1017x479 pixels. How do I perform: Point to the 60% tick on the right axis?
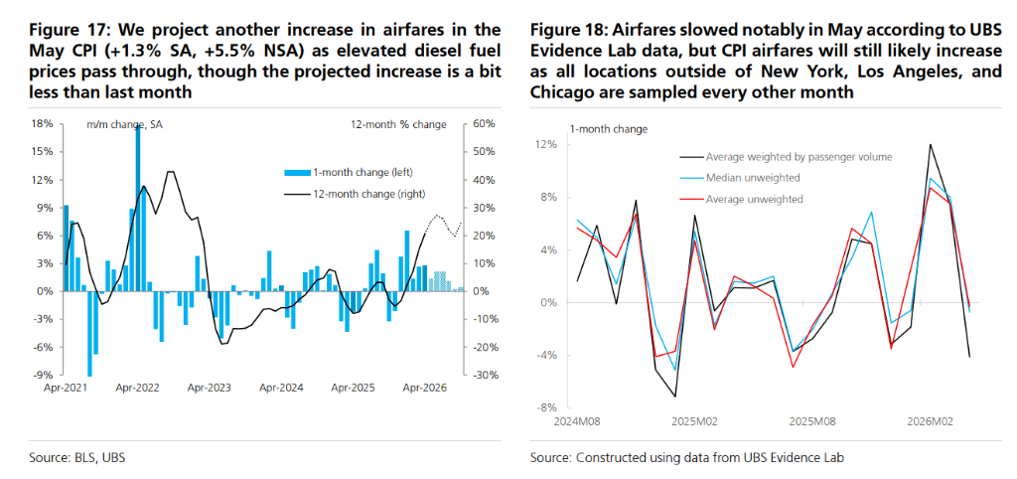484,124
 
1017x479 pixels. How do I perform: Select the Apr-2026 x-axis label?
424,389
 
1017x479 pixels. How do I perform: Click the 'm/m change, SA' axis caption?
124,124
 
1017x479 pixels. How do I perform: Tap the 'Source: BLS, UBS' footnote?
77,457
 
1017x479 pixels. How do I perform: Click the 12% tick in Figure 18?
546,144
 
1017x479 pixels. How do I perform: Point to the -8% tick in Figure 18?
546,407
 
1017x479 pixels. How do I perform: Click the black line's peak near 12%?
931,145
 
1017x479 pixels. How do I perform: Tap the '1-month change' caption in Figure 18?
609,129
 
